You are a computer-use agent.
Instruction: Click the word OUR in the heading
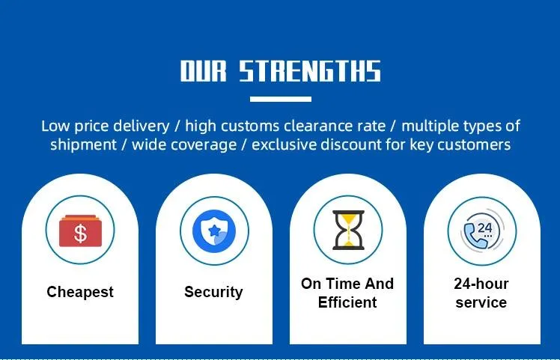coord(204,72)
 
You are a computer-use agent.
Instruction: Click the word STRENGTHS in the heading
coord(309,72)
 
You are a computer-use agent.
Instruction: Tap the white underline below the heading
coord(280,99)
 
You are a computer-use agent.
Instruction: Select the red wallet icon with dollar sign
coord(80,231)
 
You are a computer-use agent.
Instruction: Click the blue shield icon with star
coord(214,231)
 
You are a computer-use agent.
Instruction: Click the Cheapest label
coord(80,292)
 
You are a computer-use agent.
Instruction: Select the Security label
coord(213,292)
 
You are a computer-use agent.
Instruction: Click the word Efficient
coord(347,302)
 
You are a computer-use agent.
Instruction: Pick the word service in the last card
coord(481,302)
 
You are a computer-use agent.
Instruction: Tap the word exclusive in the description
coord(282,144)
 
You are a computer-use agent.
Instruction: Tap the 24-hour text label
coord(481,284)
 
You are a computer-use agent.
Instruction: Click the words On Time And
coord(347,284)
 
